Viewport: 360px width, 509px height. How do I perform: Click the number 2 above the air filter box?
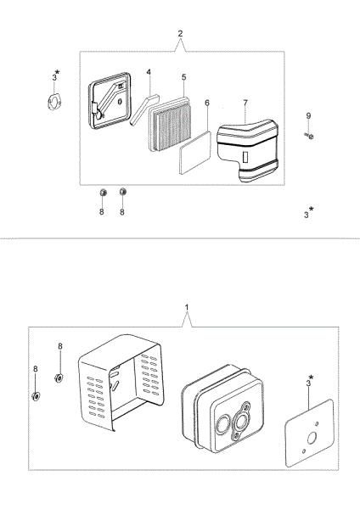click(x=180, y=33)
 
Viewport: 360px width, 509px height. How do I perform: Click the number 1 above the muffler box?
click(x=187, y=307)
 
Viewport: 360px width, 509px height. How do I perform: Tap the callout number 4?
click(x=149, y=72)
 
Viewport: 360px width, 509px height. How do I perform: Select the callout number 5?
click(x=184, y=77)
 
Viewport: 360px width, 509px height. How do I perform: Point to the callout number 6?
click(x=207, y=103)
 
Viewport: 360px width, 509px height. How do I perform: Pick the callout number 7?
click(x=245, y=103)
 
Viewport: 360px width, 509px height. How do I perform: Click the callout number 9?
click(x=308, y=116)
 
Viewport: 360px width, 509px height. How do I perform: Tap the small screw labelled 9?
click(x=309, y=136)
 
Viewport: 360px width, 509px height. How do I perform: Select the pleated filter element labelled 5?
click(x=170, y=124)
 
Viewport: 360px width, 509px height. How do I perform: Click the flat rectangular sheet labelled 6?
click(x=195, y=153)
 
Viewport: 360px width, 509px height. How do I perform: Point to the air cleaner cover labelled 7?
click(x=248, y=150)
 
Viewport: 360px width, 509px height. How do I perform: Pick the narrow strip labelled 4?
click(x=144, y=109)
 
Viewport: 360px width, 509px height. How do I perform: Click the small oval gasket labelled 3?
click(x=53, y=102)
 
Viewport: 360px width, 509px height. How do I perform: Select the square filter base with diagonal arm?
click(x=110, y=100)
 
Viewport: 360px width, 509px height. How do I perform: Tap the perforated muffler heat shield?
click(x=121, y=383)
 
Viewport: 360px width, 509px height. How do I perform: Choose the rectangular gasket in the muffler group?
click(x=309, y=433)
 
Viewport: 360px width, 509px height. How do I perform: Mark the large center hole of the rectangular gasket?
click(x=312, y=439)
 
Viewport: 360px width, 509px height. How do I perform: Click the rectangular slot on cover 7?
click(x=245, y=157)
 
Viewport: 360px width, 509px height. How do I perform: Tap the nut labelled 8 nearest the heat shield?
click(x=59, y=378)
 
